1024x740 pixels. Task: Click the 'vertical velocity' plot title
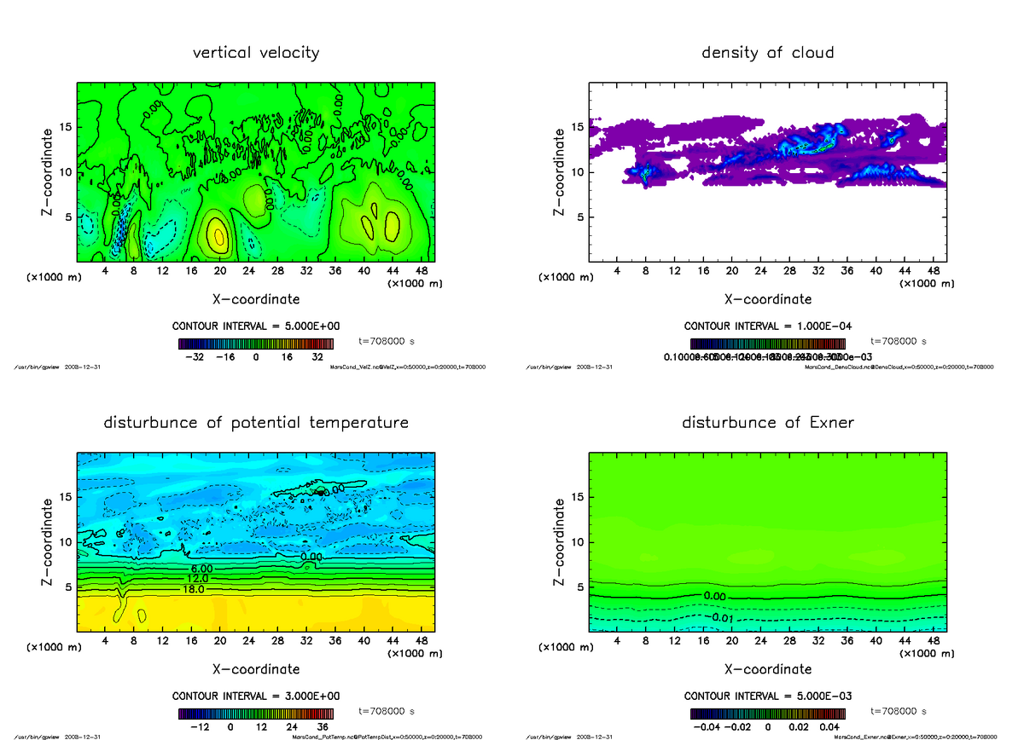point(256,53)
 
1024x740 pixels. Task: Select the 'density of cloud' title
point(767,53)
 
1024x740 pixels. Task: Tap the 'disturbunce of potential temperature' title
point(256,423)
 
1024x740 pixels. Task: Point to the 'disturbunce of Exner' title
point(767,423)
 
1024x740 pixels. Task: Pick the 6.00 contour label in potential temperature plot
point(201,569)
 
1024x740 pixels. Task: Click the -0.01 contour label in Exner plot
point(719,617)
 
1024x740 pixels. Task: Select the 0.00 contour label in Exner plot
point(715,596)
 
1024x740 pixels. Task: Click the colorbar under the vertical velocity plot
point(256,344)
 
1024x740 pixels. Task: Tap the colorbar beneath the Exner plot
point(767,714)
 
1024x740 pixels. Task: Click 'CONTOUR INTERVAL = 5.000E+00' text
point(256,326)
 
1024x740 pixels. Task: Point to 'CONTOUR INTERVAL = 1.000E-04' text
point(767,326)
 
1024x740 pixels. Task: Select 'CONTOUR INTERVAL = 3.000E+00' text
point(256,696)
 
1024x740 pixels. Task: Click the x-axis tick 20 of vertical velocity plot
point(219,271)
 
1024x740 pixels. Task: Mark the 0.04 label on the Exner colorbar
point(829,727)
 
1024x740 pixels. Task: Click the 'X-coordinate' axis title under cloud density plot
point(767,299)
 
